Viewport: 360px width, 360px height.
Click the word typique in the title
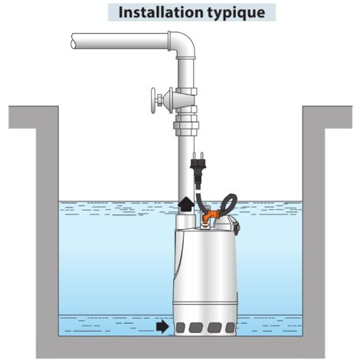[236, 13]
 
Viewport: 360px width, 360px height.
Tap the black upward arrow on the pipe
[186, 205]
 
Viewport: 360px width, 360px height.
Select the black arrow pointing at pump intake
[162, 327]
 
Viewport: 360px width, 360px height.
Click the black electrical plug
[198, 167]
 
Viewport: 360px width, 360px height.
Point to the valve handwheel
[153, 100]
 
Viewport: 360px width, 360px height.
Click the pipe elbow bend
[182, 44]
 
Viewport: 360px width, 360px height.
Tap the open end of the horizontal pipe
[74, 41]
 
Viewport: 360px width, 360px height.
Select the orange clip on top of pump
[210, 214]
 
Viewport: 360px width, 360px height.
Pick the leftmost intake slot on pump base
[181, 327]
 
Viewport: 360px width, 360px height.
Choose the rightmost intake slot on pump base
[231, 328]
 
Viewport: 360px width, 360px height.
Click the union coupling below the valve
[186, 125]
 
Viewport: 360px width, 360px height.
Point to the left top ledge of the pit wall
[34, 117]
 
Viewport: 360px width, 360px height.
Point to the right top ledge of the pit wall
[327, 117]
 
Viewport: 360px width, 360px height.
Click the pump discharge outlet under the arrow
[186, 221]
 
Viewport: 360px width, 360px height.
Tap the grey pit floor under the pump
[205, 347]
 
